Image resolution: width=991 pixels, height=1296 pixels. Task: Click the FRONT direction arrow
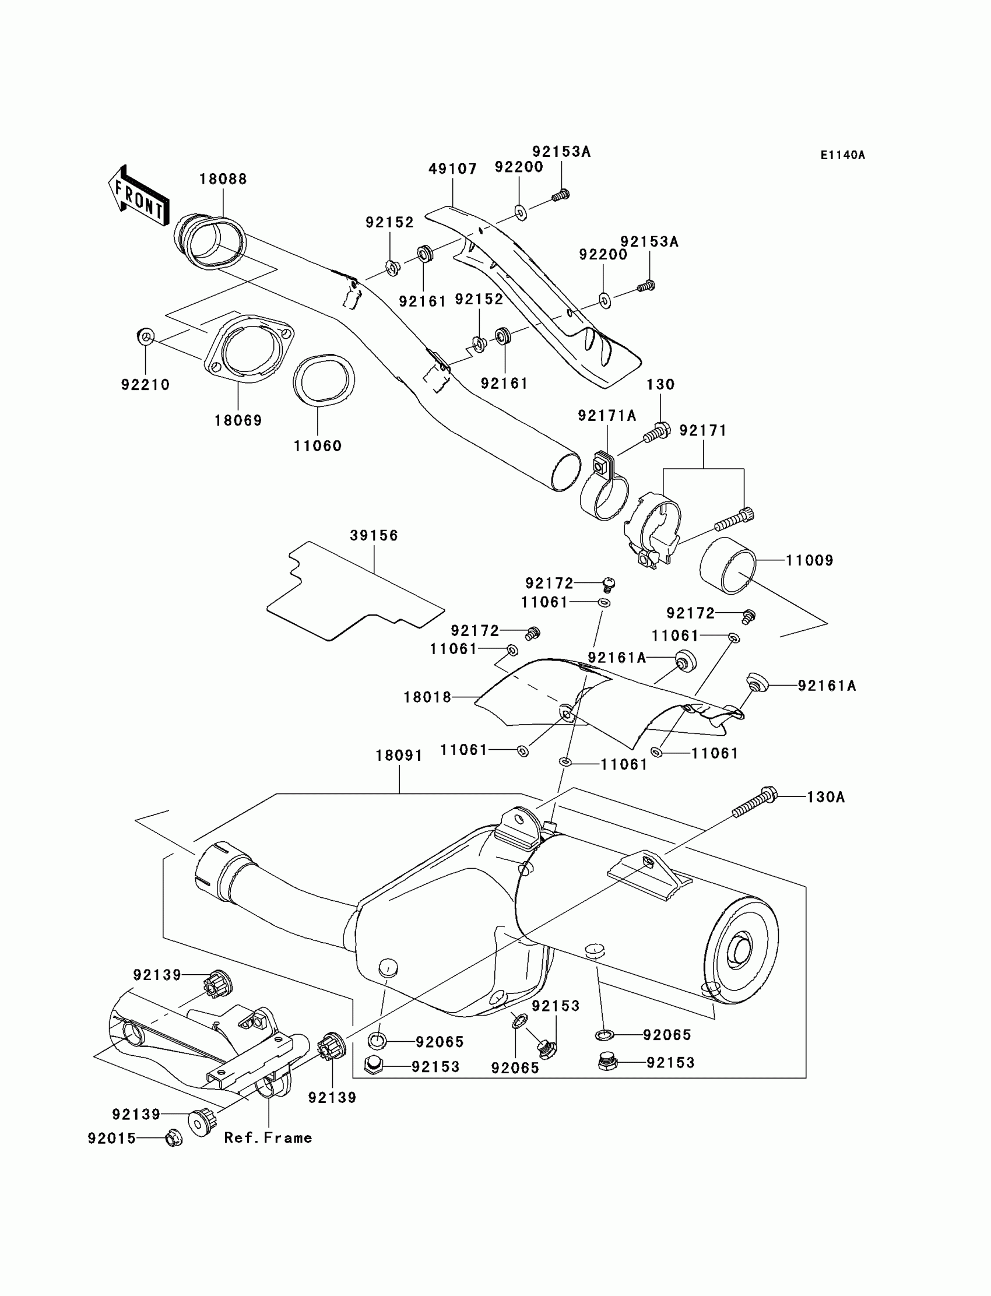point(139,196)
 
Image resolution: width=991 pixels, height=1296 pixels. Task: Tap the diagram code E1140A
point(842,155)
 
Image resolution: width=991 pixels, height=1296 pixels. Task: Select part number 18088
point(223,179)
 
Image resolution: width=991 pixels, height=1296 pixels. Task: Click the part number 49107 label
point(452,168)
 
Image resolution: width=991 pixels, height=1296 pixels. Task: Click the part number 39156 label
point(374,535)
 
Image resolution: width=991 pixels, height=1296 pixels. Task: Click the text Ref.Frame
point(268,1138)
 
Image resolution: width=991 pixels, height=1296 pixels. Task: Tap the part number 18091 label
point(399,755)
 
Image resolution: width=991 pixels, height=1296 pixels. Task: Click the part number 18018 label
point(427,697)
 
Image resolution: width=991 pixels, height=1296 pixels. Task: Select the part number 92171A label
point(607,416)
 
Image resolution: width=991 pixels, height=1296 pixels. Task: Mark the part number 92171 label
point(702,431)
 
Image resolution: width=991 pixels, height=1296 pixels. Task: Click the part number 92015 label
point(112,1138)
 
